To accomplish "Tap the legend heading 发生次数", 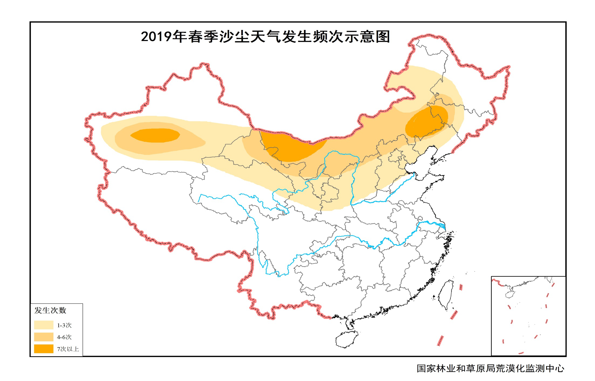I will (x=50, y=310).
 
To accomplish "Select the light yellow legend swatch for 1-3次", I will (x=44, y=325).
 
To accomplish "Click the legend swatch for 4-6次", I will (x=44, y=337).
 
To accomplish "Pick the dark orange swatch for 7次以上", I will (x=44, y=349).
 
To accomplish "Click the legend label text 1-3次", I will (x=64, y=325).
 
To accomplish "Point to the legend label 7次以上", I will (x=68, y=349).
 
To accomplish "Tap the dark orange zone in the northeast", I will (x=426, y=121).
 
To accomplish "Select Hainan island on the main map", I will (x=346, y=339).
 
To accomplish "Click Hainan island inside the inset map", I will (x=509, y=294).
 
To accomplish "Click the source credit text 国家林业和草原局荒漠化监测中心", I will (x=490, y=368).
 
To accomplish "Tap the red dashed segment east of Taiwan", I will (x=461, y=287).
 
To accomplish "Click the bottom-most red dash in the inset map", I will (x=521, y=353).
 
